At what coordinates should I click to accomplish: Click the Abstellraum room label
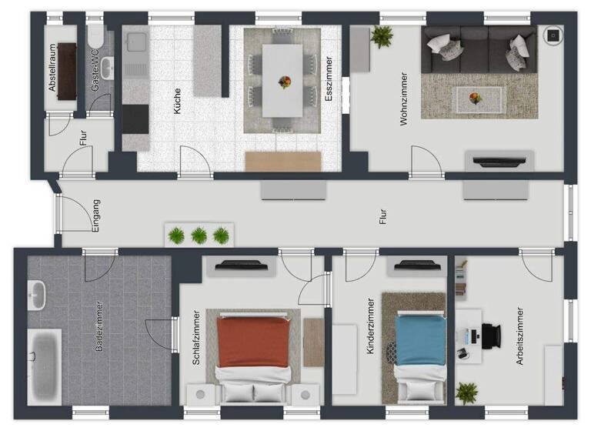coord(53,68)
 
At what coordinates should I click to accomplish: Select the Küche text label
coord(178,102)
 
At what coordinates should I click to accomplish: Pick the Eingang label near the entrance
coord(96,215)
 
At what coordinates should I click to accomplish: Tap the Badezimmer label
coord(99,326)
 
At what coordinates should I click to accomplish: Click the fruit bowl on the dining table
coord(285,82)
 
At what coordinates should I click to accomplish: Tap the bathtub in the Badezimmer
coord(45,365)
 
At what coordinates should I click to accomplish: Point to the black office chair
coord(489,336)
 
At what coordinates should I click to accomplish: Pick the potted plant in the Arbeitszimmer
coord(466,392)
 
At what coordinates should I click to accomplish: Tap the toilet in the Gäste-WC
coord(96,38)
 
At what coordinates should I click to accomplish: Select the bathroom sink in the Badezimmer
coord(37,294)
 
